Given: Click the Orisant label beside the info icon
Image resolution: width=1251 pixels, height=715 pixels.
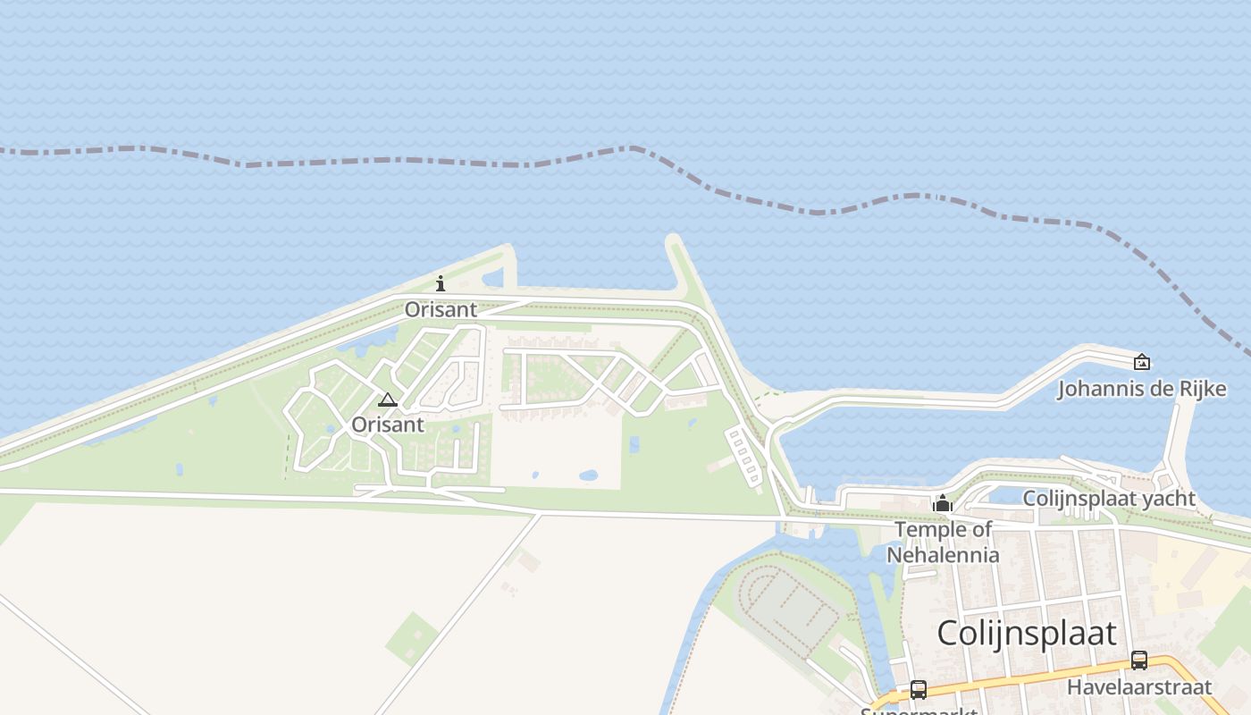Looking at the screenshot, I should pyautogui.click(x=441, y=309).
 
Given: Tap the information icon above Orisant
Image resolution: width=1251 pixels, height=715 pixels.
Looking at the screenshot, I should pyautogui.click(x=441, y=284).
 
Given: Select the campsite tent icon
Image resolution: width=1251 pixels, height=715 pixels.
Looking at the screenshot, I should pyautogui.click(x=387, y=400).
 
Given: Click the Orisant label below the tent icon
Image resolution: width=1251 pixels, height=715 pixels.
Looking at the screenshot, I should pyautogui.click(x=387, y=425).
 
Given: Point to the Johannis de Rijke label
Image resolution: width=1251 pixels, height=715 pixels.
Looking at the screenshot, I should pyautogui.click(x=1141, y=389).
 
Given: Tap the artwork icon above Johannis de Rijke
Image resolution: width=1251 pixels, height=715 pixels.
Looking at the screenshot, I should pyautogui.click(x=1141, y=362).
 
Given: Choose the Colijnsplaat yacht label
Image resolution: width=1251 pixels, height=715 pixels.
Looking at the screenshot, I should pyautogui.click(x=1108, y=498).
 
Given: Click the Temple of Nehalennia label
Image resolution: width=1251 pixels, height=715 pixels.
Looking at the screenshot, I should pyautogui.click(x=943, y=542).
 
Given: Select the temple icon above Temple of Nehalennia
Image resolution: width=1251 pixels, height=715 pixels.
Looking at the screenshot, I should pyautogui.click(x=942, y=504).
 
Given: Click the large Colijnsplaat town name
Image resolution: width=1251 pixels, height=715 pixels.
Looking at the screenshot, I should pyautogui.click(x=1026, y=633).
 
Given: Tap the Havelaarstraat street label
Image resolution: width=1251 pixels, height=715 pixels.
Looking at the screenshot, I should pyautogui.click(x=1138, y=686).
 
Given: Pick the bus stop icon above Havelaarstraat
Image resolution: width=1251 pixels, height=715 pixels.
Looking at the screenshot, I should pyautogui.click(x=1138, y=660).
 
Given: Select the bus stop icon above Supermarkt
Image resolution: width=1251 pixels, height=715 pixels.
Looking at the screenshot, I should pyautogui.click(x=918, y=690).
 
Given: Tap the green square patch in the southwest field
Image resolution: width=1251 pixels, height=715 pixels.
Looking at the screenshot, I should pyautogui.click(x=412, y=638).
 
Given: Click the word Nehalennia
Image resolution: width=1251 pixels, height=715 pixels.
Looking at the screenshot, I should pyautogui.click(x=943, y=554).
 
